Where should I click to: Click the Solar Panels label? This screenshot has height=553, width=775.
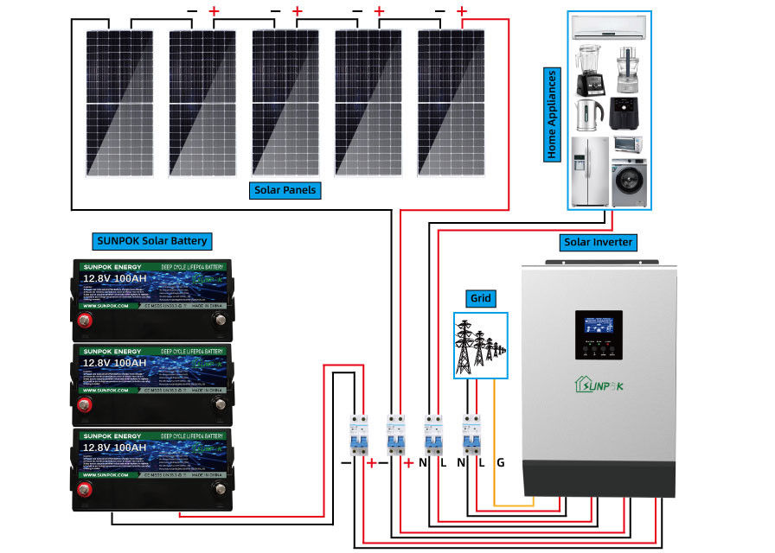coord(285,190)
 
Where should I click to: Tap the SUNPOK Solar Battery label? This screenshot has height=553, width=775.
coord(151,241)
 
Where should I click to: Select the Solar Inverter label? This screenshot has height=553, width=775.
coord(598,241)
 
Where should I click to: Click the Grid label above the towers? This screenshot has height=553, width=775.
coord(480,299)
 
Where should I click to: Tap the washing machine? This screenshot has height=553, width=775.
coord(629,181)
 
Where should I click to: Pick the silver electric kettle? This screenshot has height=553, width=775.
coord(589,111)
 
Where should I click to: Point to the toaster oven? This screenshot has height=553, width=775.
coord(630,144)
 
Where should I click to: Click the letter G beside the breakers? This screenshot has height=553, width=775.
coord(500,462)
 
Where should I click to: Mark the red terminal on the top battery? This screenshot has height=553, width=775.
coord(86,321)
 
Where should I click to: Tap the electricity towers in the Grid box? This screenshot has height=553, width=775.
coord(477,346)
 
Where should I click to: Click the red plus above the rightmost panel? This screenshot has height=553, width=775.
coord(463,11)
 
